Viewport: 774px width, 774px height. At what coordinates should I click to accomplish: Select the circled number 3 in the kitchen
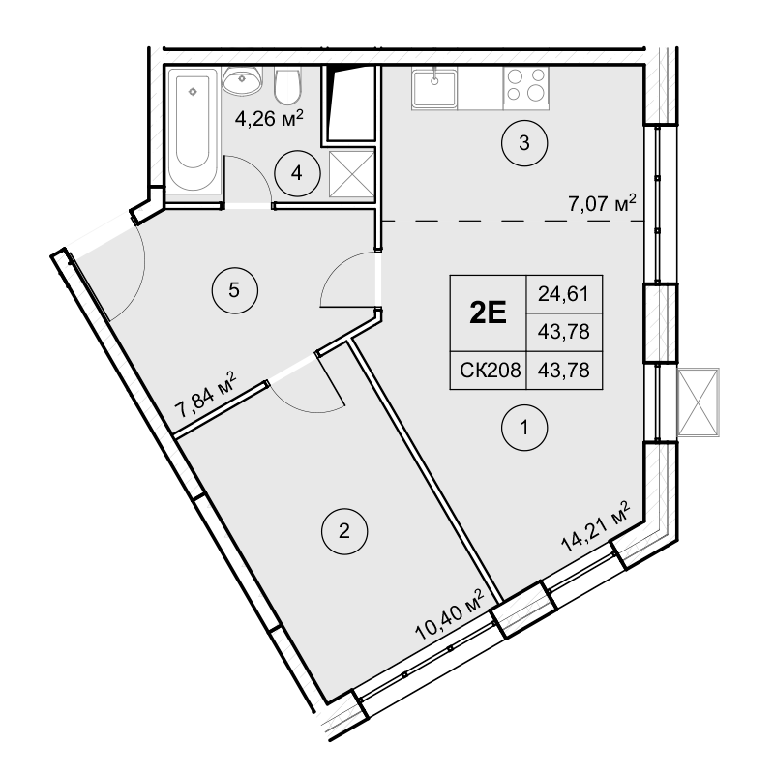click(524, 145)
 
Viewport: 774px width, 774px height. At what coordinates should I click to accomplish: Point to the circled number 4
click(297, 174)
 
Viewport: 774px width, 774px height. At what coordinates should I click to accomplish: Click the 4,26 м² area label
click(270, 120)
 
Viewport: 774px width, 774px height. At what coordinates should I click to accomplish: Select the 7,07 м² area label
click(602, 204)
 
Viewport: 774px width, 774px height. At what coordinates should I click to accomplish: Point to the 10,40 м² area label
click(448, 615)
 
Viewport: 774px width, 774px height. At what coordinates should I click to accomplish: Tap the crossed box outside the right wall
click(699, 402)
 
